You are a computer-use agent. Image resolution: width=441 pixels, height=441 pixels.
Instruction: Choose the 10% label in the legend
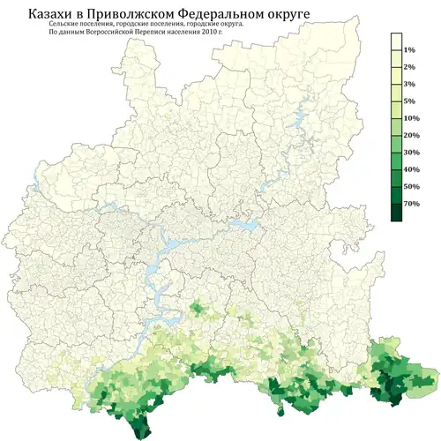[410, 117]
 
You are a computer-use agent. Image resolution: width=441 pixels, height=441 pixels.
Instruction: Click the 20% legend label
[410, 135]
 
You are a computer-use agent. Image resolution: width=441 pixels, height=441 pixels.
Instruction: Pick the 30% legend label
[410, 152]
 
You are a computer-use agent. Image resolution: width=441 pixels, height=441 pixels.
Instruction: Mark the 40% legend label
[410, 168]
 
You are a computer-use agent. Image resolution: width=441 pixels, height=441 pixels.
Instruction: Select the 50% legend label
[410, 186]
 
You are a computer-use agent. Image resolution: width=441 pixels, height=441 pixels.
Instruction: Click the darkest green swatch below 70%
[396, 213]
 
